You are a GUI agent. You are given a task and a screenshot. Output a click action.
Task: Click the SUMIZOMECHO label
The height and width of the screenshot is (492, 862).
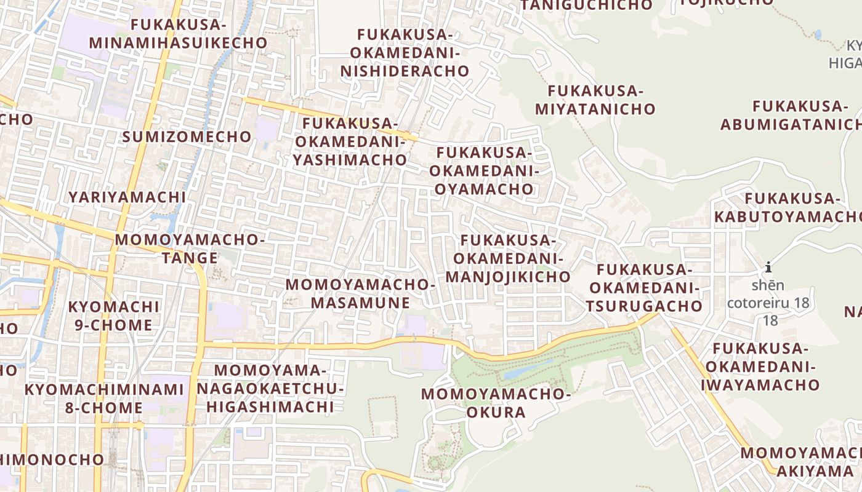click(x=187, y=137)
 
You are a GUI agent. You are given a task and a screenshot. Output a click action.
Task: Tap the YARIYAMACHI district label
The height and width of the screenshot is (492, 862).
click(x=127, y=197)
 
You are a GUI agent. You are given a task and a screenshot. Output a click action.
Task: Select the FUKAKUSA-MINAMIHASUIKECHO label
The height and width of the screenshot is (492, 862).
click(x=179, y=34)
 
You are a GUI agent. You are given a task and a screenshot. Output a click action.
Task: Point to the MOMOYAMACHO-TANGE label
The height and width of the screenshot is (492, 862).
click(x=190, y=248)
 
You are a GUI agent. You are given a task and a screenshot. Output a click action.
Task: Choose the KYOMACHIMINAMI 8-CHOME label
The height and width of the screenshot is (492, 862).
click(x=104, y=399)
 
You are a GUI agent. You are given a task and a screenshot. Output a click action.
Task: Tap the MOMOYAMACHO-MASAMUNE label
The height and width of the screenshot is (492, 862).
click(x=360, y=294)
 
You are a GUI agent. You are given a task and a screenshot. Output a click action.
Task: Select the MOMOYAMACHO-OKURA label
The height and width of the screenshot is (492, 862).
click(x=496, y=403)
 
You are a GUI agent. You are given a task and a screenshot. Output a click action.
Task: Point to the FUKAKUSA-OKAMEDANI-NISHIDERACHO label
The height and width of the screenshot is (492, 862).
click(x=405, y=53)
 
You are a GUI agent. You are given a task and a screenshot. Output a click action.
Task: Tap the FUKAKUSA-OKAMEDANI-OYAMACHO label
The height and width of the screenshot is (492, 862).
click(x=484, y=170)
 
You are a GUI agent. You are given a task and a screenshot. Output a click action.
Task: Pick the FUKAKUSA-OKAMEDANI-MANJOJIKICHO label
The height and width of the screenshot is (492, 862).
click(x=508, y=258)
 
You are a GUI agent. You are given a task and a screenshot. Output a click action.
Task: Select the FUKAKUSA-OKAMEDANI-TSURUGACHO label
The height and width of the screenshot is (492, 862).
click(x=645, y=288)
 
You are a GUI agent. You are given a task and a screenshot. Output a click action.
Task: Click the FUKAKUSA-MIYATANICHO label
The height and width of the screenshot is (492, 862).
click(x=595, y=100)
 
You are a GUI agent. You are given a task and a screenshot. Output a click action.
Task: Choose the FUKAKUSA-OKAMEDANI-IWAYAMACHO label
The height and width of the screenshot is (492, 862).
click(x=760, y=367)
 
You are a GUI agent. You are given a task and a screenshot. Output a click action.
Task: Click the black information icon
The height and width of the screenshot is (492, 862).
click(x=768, y=268)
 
